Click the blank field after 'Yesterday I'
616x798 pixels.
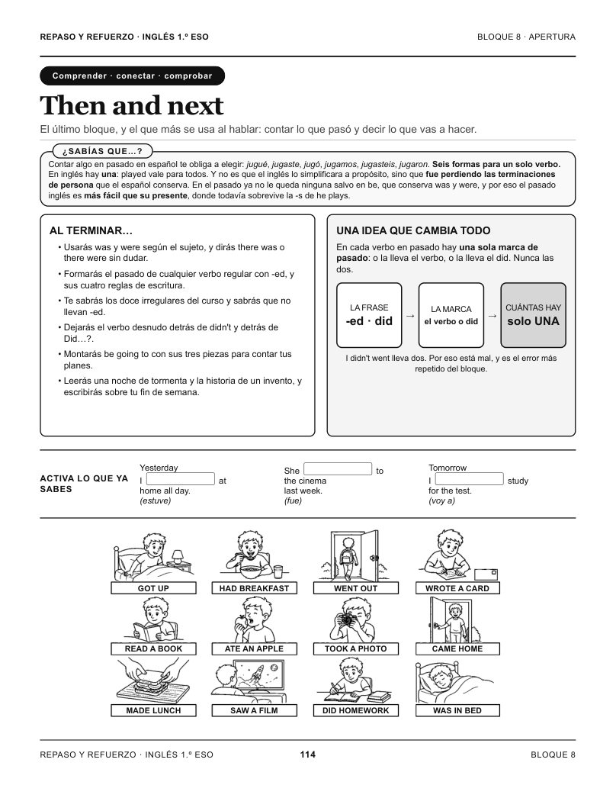(x=181, y=479)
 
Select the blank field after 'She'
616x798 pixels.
(x=338, y=468)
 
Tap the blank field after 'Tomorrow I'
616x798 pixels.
(x=469, y=479)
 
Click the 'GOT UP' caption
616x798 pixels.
(x=153, y=588)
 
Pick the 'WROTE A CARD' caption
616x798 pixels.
(x=457, y=588)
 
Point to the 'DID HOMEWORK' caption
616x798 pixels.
(x=355, y=710)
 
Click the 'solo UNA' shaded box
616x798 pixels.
(x=533, y=315)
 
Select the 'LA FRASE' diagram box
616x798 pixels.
(x=369, y=315)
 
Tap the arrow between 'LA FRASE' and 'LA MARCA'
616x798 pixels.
(x=410, y=316)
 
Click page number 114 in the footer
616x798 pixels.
(x=308, y=755)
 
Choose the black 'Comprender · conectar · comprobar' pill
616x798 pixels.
(x=132, y=76)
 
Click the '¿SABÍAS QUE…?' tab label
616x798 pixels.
(x=102, y=151)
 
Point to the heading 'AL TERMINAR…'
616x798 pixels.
(x=91, y=230)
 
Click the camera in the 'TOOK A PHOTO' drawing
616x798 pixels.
(x=348, y=620)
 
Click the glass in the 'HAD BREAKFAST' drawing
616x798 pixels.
(x=278, y=572)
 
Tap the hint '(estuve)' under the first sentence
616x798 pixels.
(x=156, y=500)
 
